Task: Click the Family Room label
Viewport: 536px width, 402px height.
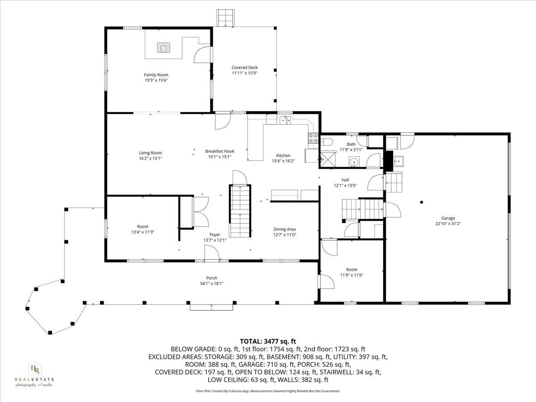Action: (156, 75)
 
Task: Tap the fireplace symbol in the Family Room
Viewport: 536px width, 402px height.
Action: (163, 47)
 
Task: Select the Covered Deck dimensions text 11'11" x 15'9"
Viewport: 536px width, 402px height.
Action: (244, 73)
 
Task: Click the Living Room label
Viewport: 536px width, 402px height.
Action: (150, 153)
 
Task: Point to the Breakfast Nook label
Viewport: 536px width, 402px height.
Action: (219, 151)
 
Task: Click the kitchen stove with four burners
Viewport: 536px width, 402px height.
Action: (313, 138)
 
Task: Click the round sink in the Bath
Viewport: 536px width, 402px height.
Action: (354, 162)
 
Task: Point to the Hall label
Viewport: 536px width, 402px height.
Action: (345, 180)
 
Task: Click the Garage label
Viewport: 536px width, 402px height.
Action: (448, 218)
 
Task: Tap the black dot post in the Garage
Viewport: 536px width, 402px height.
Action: (421, 202)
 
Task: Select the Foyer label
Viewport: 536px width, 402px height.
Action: (215, 234)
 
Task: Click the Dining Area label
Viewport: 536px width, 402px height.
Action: (285, 229)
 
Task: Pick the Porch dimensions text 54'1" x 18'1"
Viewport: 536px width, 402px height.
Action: (212, 284)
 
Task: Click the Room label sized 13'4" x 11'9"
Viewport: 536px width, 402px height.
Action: (142, 226)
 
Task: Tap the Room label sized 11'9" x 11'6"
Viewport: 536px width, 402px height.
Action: (352, 269)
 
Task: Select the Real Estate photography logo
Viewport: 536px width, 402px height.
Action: (34, 374)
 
